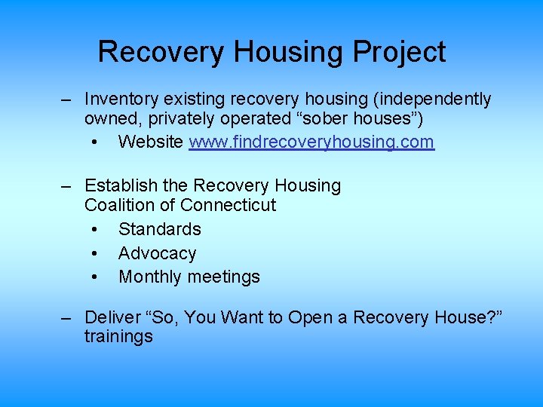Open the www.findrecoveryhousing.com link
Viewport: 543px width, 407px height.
[311, 141]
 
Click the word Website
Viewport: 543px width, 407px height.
[151, 141]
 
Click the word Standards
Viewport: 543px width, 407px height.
[160, 229]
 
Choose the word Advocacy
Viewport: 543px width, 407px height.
[157, 253]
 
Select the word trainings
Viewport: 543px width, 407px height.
[118, 337]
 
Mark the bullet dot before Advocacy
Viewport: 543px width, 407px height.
[94, 254]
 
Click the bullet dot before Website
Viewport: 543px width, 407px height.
[94, 142]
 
